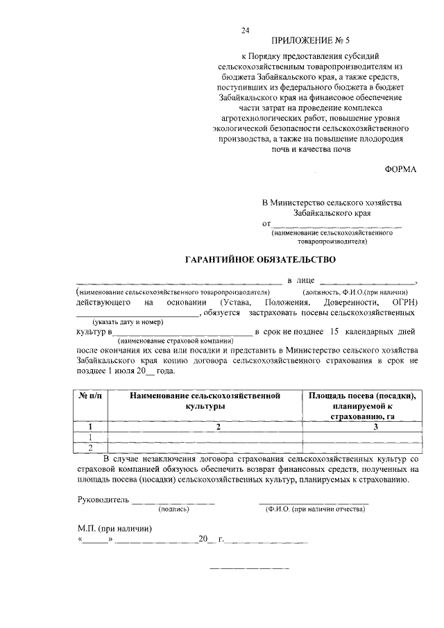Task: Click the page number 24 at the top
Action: click(245, 31)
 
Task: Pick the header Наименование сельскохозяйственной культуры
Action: click(205, 400)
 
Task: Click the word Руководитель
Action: click(103, 499)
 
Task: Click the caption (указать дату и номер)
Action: click(128, 322)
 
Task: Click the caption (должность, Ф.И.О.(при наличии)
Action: click(354, 292)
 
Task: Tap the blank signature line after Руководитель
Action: click(173, 501)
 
